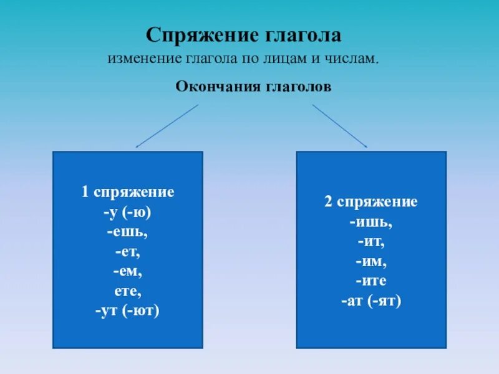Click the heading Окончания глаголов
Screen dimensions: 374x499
pyautogui.click(x=253, y=87)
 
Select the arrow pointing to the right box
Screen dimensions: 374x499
pyautogui.click(x=340, y=126)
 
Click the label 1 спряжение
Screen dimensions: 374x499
pyautogui.click(x=128, y=192)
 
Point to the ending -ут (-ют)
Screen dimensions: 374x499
pyautogui.click(x=128, y=310)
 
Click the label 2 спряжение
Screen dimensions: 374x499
pyautogui.click(x=371, y=202)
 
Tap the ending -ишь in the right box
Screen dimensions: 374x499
pyautogui.click(x=371, y=221)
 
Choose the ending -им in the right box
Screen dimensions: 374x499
pyautogui.click(x=371, y=261)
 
